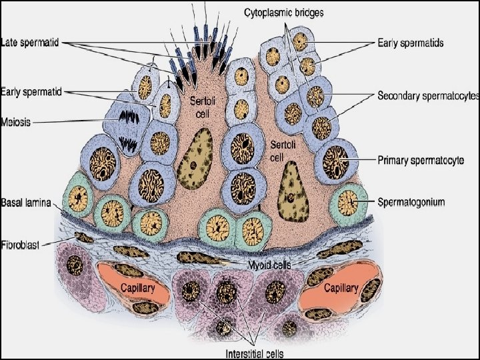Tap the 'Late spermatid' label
[31, 43]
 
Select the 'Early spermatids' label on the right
[410, 43]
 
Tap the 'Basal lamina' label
[26, 201]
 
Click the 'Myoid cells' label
[270, 265]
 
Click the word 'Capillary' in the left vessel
[137, 288]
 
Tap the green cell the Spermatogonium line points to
[347, 201]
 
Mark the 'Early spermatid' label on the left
[31, 91]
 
